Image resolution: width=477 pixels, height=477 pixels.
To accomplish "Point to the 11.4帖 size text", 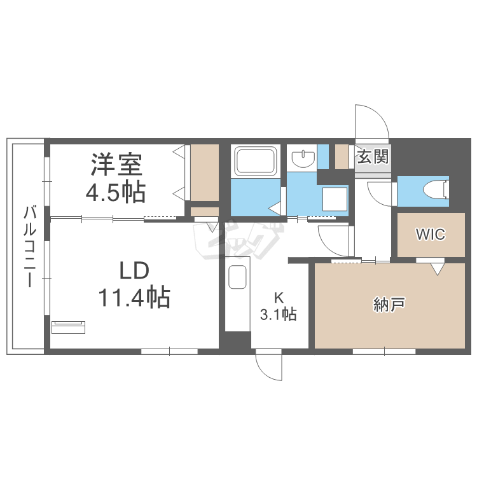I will coord(134,297).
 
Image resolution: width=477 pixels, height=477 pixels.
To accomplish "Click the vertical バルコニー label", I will coord(29,246).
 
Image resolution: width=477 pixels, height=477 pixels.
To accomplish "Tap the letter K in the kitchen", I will coord(279,296).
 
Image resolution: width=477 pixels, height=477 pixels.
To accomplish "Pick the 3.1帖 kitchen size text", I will coord(279,314).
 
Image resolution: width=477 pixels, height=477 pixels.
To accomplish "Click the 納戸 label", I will coord(389,306).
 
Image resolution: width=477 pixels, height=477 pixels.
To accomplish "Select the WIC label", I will coord(431,234).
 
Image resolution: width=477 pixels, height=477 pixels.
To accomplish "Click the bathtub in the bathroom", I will coord(256,162).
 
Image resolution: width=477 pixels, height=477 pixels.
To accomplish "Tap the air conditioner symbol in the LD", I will coord(68,327).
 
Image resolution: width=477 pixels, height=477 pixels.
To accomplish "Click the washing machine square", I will coord(335,198).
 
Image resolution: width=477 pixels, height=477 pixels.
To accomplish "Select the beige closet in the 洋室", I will coord(204,172).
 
